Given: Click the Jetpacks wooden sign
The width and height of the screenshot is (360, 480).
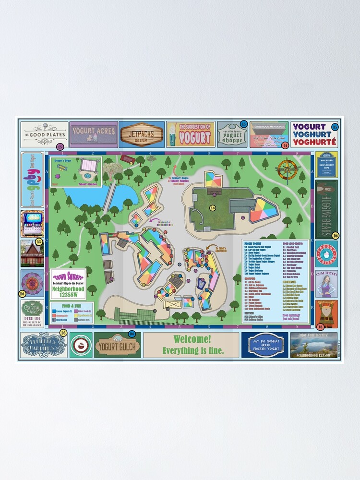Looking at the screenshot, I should coord(142,134).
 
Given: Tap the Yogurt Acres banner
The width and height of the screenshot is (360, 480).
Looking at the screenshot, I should coord(94,134).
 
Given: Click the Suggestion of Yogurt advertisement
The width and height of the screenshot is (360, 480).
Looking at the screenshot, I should coord(190,134).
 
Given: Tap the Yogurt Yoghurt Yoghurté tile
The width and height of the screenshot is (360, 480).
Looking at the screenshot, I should coord(314,134).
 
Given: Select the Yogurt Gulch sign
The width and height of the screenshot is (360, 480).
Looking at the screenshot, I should coord(118,345).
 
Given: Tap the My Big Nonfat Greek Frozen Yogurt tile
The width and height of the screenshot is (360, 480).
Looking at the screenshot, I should coord(264,345).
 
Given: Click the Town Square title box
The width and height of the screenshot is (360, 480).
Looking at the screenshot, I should coord(68,284).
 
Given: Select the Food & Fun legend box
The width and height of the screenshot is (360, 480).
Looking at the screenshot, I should coord(68,312).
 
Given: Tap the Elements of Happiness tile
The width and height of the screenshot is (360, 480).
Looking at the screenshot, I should coord(44,345).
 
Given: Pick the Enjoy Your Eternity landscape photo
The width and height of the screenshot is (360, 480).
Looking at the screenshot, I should coord(313,345).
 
